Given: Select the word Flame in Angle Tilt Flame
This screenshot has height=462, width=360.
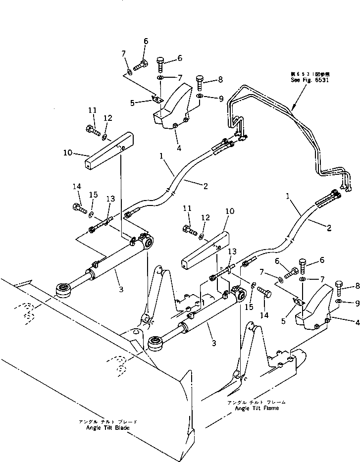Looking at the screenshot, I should (268, 408).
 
